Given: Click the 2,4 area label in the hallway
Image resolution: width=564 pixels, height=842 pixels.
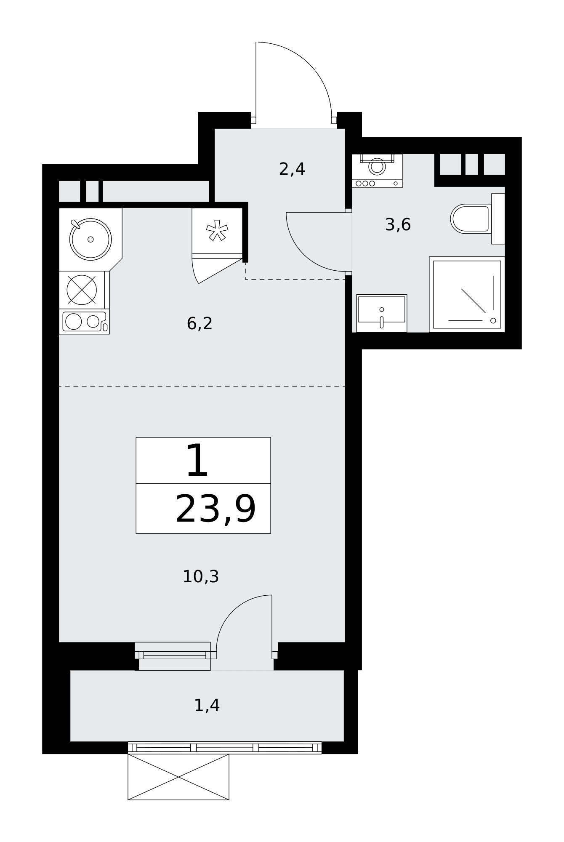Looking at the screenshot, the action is click(x=292, y=169).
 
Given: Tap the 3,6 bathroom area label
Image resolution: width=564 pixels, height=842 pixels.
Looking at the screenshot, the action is click(x=398, y=225).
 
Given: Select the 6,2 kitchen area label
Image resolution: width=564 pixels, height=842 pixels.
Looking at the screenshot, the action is click(x=200, y=324).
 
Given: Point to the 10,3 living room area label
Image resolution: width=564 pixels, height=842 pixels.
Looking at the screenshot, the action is click(x=201, y=576).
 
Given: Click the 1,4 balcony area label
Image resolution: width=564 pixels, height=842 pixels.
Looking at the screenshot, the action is click(x=207, y=705).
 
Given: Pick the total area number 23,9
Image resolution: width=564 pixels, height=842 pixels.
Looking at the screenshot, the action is click(x=215, y=509).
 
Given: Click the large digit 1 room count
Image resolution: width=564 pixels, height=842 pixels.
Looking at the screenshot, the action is click(x=197, y=461).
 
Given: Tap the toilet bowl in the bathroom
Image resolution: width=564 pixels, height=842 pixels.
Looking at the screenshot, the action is click(x=470, y=219).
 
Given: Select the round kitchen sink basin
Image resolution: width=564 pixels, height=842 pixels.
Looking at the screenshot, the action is click(x=90, y=239).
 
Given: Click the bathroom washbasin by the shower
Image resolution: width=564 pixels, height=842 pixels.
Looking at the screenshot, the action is click(x=382, y=314).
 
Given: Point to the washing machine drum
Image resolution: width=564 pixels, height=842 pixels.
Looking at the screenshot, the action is click(x=377, y=166).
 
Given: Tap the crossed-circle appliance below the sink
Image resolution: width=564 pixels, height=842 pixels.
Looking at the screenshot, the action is click(x=82, y=290).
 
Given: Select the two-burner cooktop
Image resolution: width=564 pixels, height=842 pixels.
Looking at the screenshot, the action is click(x=84, y=322).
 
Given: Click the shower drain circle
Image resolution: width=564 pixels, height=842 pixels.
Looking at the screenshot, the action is click(x=493, y=321).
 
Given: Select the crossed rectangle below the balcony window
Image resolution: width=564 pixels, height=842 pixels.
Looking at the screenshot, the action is click(x=178, y=777).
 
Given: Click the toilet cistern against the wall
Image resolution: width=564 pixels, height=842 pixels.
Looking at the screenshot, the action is click(x=498, y=218).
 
